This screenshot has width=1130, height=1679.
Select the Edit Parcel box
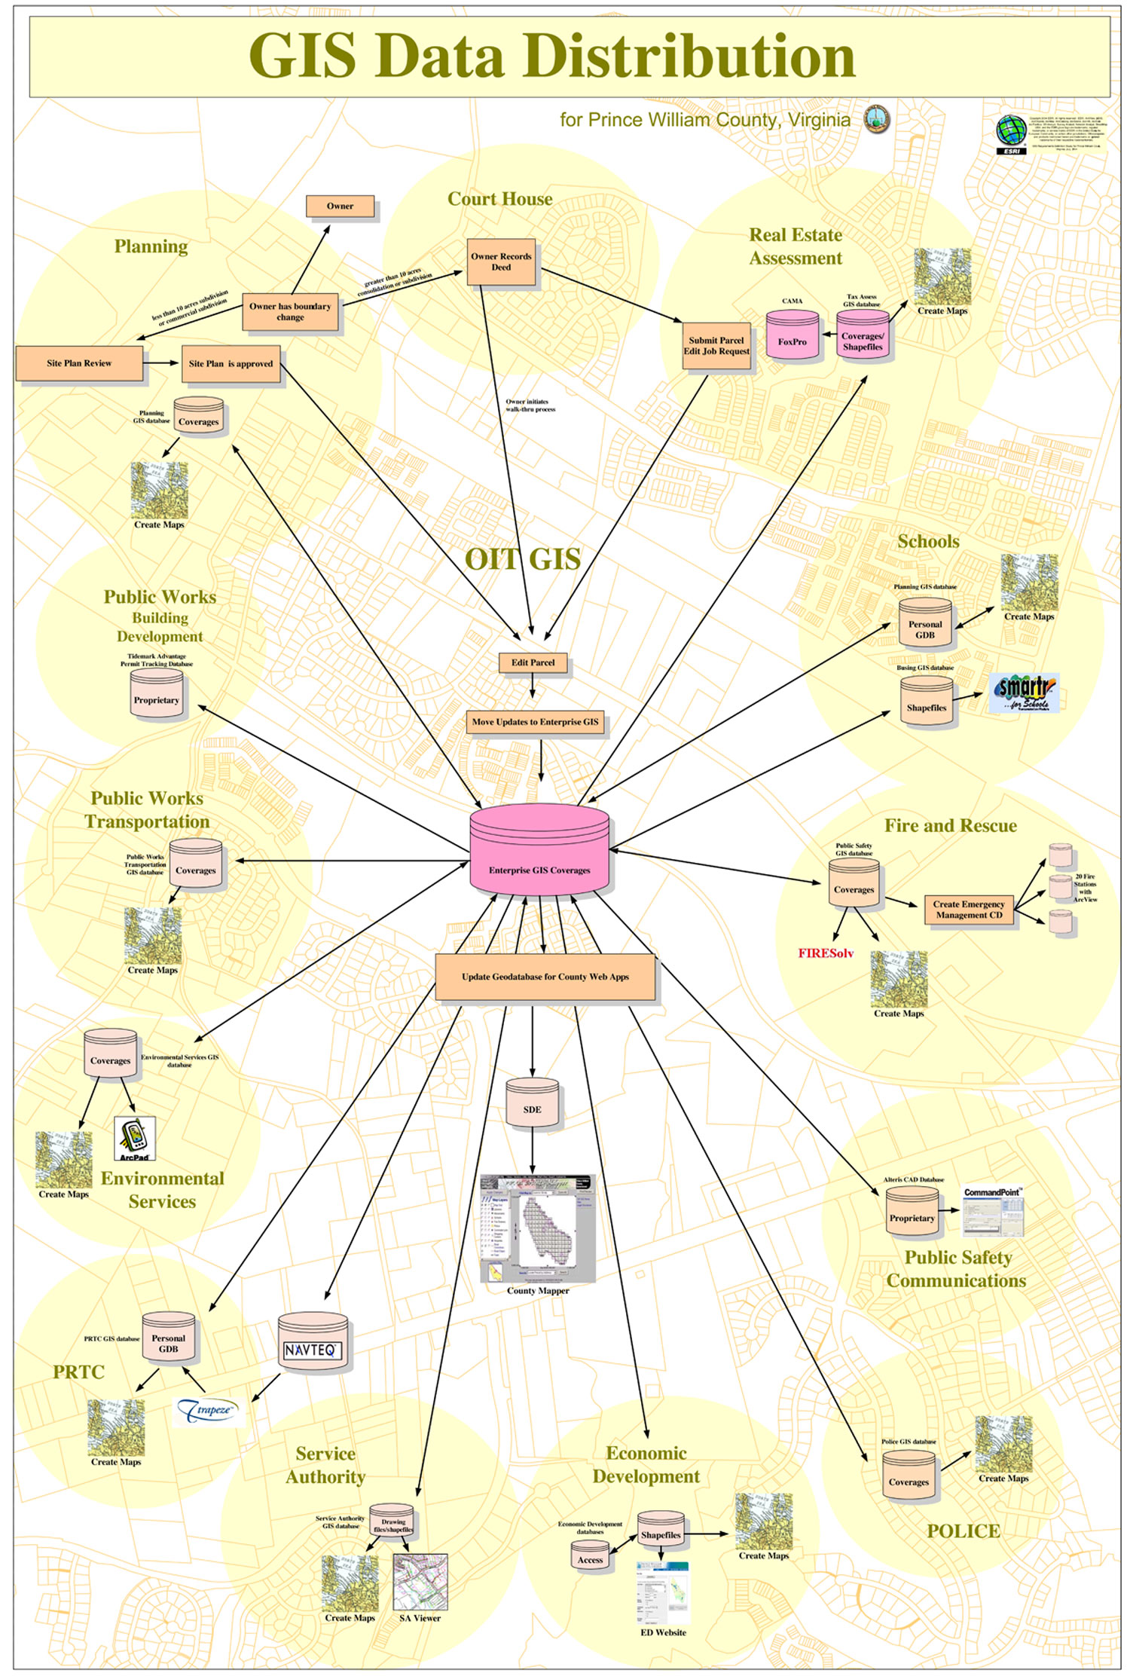pos(533,662)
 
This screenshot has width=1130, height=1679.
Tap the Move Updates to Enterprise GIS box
pos(535,722)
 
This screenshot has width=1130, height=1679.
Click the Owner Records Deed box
pos(501,262)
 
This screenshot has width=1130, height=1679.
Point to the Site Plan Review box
pos(79,363)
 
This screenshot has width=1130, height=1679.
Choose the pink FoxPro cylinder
pos(792,336)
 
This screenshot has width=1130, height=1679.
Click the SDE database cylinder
pos(532,1104)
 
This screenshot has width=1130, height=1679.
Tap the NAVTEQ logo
pos(313,1350)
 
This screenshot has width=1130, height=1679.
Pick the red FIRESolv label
pos(826,953)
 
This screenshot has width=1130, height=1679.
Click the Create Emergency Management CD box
pos(969,910)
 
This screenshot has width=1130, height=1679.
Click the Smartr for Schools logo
pos(1024,693)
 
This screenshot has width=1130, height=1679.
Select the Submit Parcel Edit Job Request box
pos(716,346)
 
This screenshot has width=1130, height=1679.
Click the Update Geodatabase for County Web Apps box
pos(545,977)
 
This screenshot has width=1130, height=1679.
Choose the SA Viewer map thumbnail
pos(420,1582)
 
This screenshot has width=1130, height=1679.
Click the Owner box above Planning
pos(340,206)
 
